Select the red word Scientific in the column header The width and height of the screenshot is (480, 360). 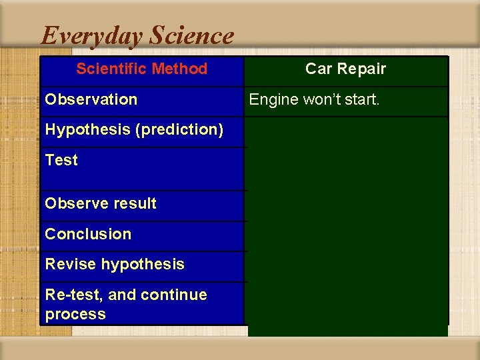[x=111, y=69]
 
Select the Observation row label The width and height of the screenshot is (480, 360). [x=91, y=99]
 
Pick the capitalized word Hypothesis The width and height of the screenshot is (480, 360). [x=87, y=130]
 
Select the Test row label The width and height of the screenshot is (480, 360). [x=61, y=160]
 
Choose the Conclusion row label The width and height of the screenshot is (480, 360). [x=88, y=234]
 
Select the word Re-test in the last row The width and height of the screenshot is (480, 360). [x=69, y=295]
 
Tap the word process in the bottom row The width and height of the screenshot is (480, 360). [x=75, y=314]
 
